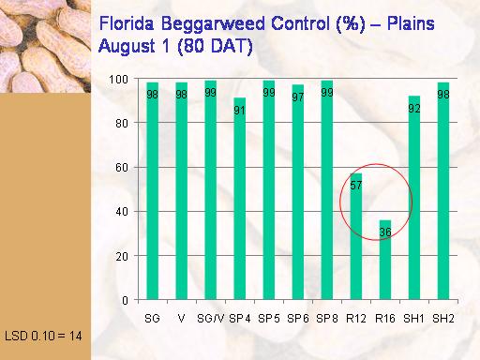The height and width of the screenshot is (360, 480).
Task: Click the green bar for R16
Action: [385, 260]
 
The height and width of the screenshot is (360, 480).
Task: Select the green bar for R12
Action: [356, 236]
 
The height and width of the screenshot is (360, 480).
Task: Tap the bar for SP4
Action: [240, 199]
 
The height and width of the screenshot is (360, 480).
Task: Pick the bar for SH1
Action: [414, 198]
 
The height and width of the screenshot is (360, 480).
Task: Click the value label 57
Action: [356, 186]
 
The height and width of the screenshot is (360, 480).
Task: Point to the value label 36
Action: [385, 232]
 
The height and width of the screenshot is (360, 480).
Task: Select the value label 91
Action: [240, 111]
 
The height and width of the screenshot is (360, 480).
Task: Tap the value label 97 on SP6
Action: [298, 97]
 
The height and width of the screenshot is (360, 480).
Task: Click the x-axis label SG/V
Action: [211, 319]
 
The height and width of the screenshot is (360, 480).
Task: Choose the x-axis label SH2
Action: [443, 319]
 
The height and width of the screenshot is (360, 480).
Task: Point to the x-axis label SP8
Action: [327, 319]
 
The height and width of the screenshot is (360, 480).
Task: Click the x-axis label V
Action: [181, 319]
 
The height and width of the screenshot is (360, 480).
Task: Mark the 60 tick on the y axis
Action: [122, 168]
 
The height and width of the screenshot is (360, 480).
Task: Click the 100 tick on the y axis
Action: [118, 80]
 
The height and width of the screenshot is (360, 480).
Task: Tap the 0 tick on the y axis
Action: [125, 300]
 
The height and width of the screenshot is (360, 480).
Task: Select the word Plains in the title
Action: [411, 23]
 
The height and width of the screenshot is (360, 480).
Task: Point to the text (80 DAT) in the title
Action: [215, 46]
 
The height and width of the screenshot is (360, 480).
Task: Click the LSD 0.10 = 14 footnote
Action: [43, 336]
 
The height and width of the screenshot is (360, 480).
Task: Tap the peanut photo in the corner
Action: [45, 46]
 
